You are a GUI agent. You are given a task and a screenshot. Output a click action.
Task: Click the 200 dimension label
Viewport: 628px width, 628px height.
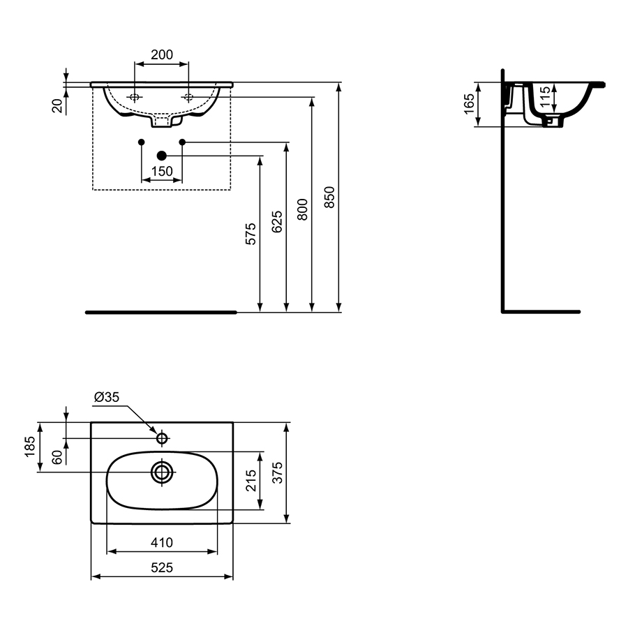pos(162,54)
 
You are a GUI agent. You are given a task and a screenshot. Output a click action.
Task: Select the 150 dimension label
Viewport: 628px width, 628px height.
pos(162,171)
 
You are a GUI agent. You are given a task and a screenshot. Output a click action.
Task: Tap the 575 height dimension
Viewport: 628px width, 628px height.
pos(251,233)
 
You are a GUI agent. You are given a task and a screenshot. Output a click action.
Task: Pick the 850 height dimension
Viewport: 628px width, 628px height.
pos(329,197)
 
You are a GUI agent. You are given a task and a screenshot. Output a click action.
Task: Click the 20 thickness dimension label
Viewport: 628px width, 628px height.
pos(58,105)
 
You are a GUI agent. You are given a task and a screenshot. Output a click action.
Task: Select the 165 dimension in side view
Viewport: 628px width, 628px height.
pos(469,104)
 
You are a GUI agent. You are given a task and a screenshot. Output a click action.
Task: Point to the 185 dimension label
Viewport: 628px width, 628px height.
pos(29,447)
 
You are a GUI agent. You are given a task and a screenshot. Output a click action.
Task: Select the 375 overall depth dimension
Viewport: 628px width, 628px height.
pos(277,472)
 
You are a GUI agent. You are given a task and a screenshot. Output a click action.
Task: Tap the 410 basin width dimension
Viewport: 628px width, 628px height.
pos(162,542)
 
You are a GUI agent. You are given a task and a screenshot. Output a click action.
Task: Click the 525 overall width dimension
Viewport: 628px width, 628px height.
pos(162,568)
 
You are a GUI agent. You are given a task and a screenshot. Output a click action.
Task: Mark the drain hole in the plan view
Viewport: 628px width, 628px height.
pos(163,472)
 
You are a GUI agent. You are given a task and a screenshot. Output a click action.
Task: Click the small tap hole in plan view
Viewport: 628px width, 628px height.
pos(163,438)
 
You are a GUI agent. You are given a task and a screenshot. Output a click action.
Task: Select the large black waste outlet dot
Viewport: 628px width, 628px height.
pos(162,155)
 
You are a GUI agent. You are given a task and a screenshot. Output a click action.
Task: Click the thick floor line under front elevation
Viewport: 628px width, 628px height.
pos(160,312)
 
